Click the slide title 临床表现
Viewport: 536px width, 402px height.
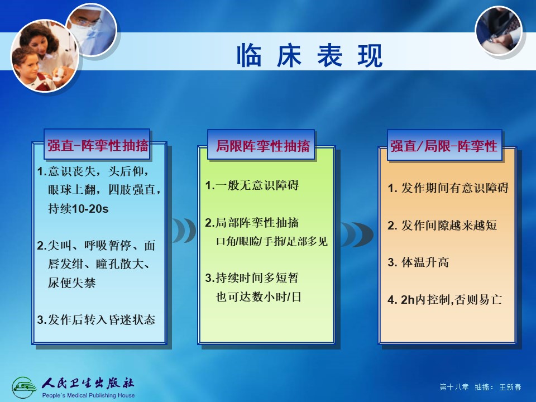coord(310,55)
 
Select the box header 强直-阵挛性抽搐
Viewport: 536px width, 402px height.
coord(97,145)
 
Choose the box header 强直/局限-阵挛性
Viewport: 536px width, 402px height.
coord(444,146)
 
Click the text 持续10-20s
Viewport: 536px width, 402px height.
coord(78,208)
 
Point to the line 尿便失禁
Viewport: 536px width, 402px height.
coord(71,283)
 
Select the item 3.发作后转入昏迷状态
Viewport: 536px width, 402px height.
coord(96,319)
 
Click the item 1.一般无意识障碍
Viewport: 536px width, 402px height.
coord(252,185)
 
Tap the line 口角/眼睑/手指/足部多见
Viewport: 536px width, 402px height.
coord(272,241)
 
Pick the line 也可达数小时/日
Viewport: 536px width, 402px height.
coord(259,296)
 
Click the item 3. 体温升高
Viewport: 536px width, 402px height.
coord(418,262)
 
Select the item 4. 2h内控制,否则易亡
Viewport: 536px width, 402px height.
coord(445,299)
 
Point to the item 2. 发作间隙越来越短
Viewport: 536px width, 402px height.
coord(442,225)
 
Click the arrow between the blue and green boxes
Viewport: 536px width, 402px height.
coord(184,231)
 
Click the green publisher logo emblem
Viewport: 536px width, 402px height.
coord(23,387)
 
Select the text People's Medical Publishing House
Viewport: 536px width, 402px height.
coord(88,395)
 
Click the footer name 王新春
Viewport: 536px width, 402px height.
coord(510,387)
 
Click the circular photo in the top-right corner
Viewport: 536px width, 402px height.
coord(499,30)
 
